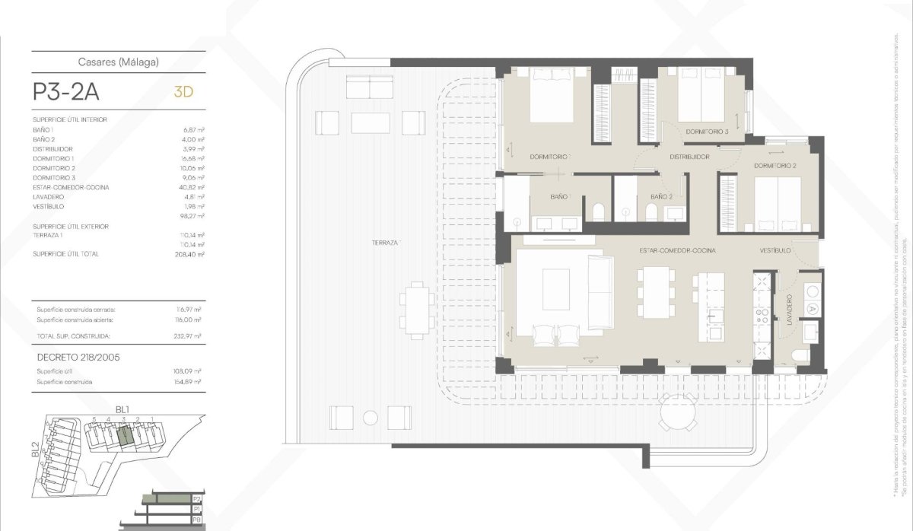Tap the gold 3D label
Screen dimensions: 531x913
(183, 92)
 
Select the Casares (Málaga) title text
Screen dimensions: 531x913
(119, 63)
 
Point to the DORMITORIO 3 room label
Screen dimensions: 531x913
(707, 132)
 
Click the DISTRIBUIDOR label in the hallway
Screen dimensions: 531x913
(689, 157)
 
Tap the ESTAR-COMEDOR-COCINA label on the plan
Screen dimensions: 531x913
(677, 250)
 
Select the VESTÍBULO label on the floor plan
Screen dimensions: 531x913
(775, 250)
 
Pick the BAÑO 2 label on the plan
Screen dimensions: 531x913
(661, 196)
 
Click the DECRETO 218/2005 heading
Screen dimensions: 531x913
(78, 356)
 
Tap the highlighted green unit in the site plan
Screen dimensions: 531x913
(125, 437)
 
